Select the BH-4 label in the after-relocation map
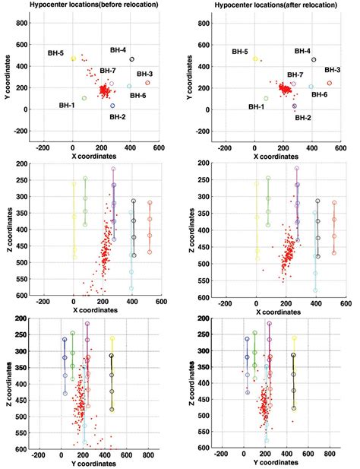coord(302,51)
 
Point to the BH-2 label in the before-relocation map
coord(117,117)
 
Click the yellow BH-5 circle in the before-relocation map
coord(74,59)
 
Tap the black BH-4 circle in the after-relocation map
coord(314,59)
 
